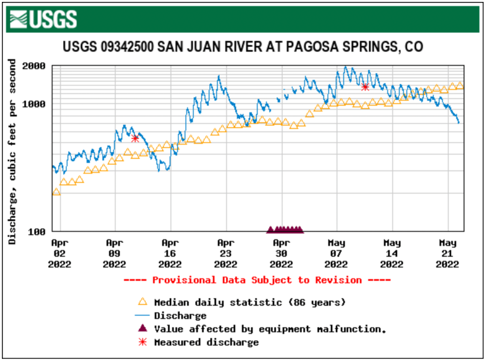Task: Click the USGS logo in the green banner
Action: click(x=44, y=19)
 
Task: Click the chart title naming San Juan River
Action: click(x=242, y=47)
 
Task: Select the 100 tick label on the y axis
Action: click(x=37, y=231)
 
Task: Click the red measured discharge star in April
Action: click(x=135, y=138)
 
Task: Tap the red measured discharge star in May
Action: click(x=365, y=87)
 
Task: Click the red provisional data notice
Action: click(x=257, y=280)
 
